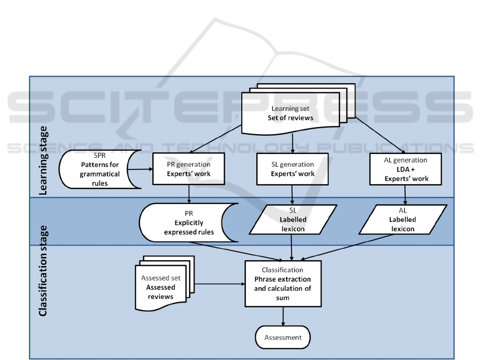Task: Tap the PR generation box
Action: [x=187, y=170]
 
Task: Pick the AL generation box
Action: [x=405, y=170]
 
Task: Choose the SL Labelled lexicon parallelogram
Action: [x=292, y=221]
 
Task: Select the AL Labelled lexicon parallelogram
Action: [x=403, y=221]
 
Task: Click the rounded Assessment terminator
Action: [x=283, y=338]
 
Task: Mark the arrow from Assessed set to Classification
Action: [x=217, y=283]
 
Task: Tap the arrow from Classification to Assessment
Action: [x=283, y=316]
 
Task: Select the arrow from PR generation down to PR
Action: [x=188, y=195]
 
